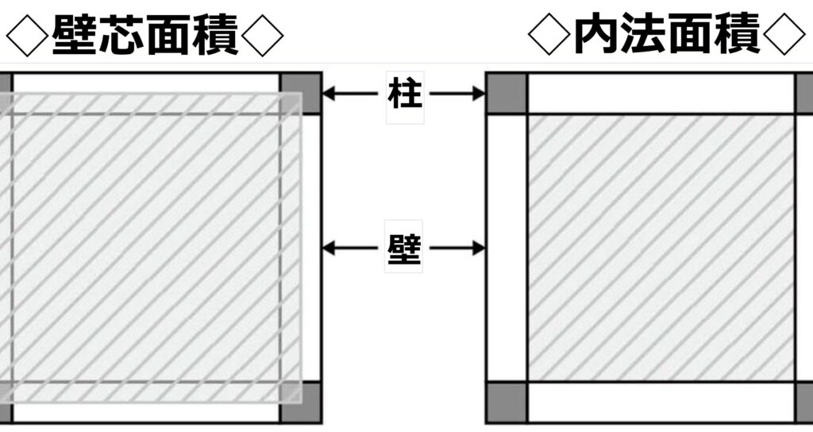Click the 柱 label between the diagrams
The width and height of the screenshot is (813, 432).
click(404, 94)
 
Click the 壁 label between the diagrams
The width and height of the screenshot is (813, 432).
click(404, 248)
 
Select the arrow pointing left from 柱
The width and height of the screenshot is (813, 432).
click(350, 94)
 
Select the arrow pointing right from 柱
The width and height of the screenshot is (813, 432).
click(457, 94)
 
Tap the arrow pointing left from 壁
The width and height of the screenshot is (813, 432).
click(350, 249)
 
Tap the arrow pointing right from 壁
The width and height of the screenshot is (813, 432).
click(457, 249)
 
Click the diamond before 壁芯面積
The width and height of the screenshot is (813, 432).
click(26, 35)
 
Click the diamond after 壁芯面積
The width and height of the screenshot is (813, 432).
click(262, 35)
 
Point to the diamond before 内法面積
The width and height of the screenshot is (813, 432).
click(549, 34)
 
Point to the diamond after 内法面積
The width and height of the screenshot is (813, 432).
click(784, 34)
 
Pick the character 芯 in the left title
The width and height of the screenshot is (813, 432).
click(121, 35)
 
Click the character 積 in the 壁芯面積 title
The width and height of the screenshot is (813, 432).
click(216, 35)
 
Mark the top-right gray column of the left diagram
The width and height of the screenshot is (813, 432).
click(301, 94)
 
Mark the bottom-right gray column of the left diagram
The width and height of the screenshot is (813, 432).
click(301, 403)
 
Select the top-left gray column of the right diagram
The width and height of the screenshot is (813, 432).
click(507, 94)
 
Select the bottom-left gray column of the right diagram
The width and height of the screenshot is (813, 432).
click(507, 403)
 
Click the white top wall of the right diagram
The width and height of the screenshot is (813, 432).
click(661, 94)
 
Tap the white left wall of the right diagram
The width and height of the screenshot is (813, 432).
click(507, 248)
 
